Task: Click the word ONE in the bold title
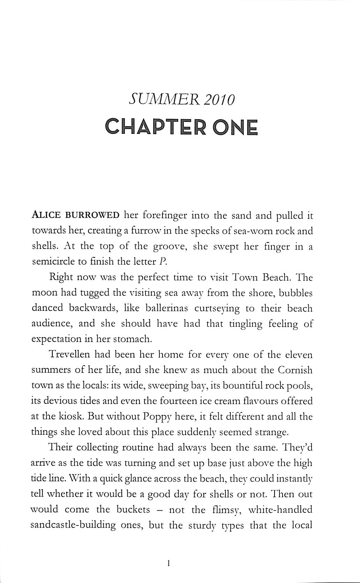235,128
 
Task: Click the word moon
43,293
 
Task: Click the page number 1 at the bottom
168,562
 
